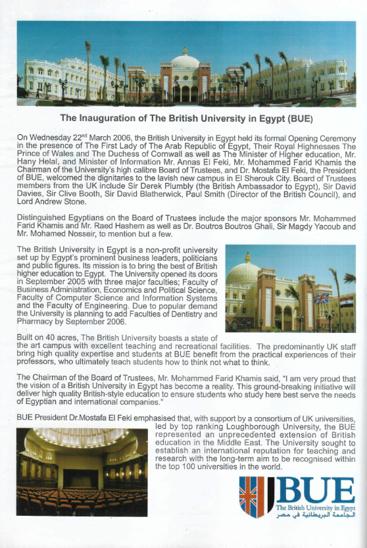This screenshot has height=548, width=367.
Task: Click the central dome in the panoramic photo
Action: coord(185,61)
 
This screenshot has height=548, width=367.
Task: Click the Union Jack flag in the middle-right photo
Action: coord(322,299)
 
